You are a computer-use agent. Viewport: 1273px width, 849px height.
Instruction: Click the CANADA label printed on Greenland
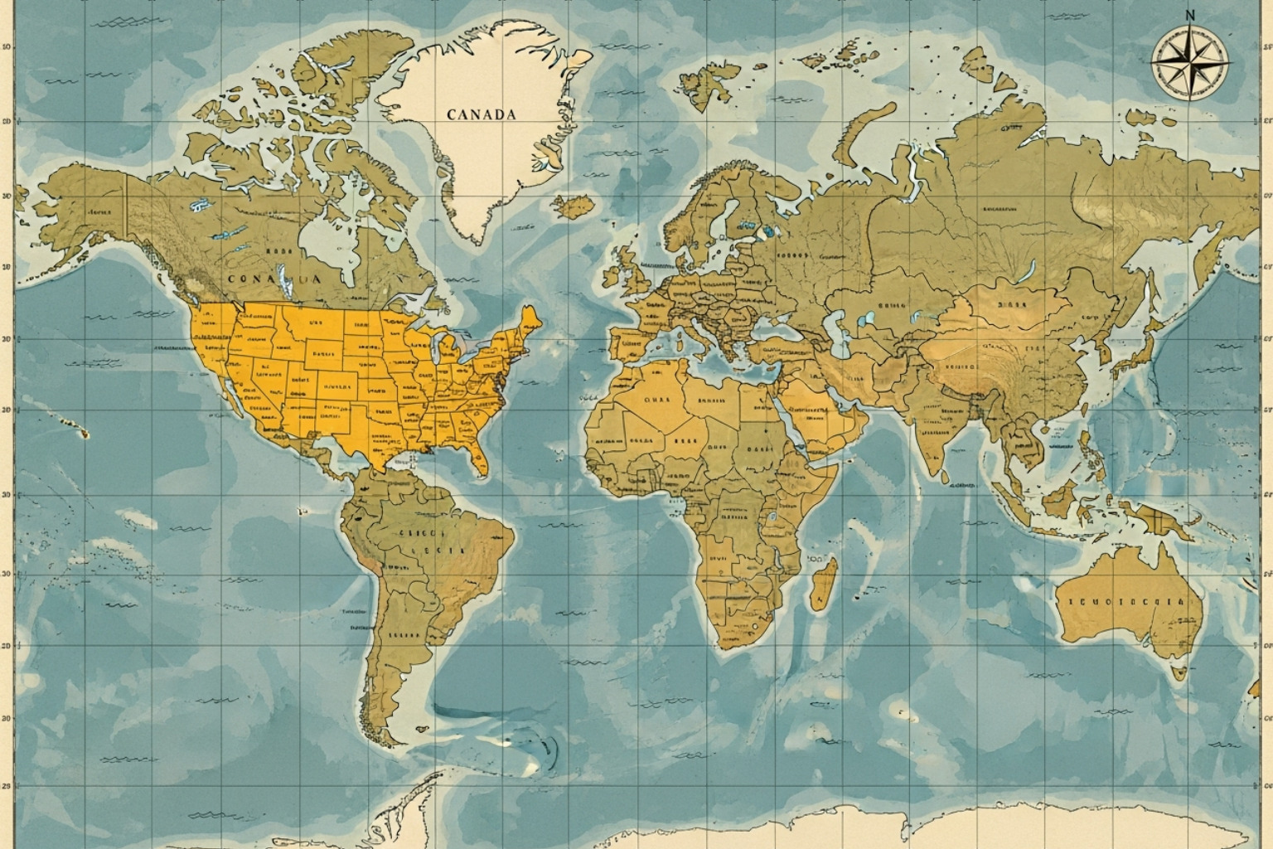click(481, 114)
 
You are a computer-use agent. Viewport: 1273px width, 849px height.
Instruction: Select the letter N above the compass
click(1191, 14)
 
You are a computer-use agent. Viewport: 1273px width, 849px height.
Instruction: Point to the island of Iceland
click(575, 205)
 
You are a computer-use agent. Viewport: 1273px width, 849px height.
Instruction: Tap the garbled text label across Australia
click(1122, 602)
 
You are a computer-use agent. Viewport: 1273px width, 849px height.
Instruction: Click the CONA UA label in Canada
click(273, 279)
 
